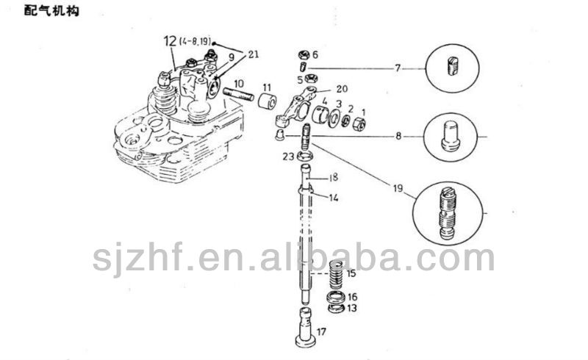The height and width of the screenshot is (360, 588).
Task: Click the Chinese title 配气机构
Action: point(51,10)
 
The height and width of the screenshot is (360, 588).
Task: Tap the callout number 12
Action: point(171,41)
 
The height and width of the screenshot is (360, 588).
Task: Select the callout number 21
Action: point(254,54)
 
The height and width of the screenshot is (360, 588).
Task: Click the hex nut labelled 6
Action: point(304,55)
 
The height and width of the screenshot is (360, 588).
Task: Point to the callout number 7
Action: point(398,68)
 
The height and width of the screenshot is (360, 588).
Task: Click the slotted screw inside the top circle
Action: point(453,66)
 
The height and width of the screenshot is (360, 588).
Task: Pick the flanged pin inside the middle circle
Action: point(451,136)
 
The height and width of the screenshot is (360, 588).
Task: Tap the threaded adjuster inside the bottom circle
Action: point(448,213)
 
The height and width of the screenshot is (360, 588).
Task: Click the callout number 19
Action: point(398,188)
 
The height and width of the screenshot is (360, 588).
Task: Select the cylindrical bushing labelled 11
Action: point(268,101)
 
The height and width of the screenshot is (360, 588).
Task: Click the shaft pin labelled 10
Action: point(237,96)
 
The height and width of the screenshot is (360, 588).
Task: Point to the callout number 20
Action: point(342,89)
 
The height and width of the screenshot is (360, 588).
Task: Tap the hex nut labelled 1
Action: point(359,123)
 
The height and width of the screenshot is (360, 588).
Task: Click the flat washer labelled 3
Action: point(334,118)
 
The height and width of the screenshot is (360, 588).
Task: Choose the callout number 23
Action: point(288,156)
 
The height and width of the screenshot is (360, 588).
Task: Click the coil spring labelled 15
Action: point(337,276)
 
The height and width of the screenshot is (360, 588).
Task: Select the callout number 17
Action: point(321,331)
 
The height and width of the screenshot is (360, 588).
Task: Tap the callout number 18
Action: point(334,177)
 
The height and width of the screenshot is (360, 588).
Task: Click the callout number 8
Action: point(398,136)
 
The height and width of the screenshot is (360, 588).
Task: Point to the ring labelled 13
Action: point(337,309)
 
